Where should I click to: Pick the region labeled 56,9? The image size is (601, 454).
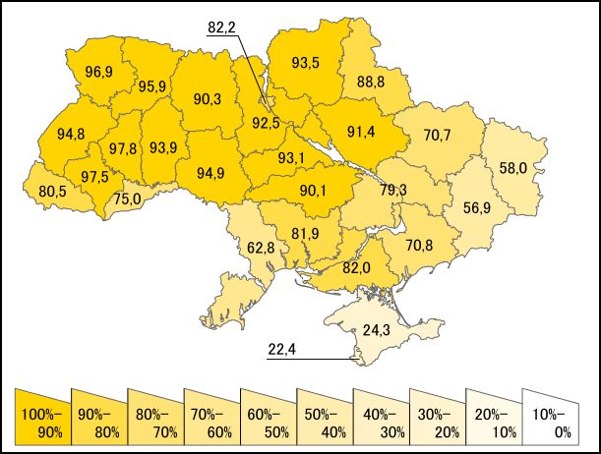click(x=465, y=207)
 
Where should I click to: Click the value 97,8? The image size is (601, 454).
click(x=124, y=148)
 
